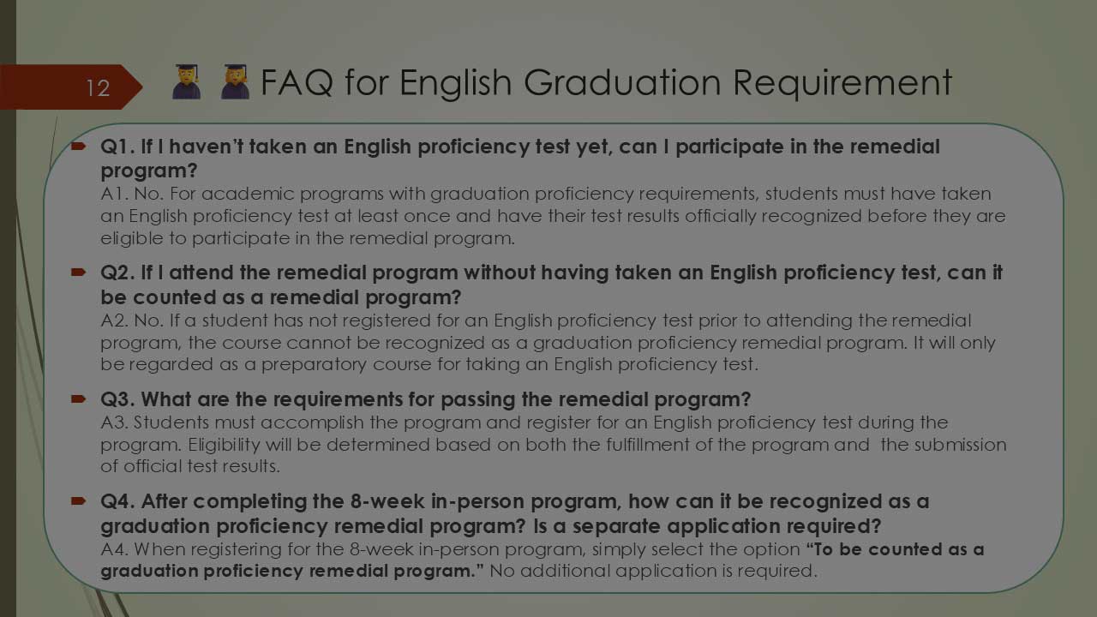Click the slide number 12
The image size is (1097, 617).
[98, 87]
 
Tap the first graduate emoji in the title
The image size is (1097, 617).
[186, 82]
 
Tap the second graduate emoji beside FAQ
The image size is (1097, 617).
[235, 82]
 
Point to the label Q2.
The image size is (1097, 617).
[117, 273]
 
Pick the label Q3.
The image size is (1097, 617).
[117, 399]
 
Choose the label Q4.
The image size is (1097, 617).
[117, 501]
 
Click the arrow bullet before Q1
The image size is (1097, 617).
[79, 147]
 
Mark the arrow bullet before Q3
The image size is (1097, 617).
[79, 398]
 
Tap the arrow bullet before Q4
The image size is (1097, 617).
[79, 500]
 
